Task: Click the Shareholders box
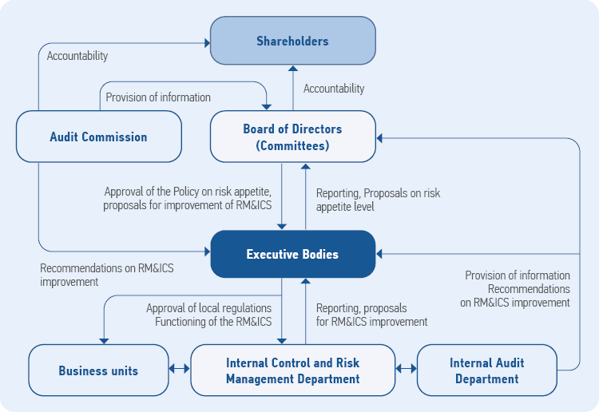point(292,41)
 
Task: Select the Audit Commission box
point(99,137)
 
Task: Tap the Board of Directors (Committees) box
point(292,137)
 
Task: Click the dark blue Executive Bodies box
point(292,255)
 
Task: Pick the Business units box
point(98,370)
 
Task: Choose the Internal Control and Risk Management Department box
point(293,370)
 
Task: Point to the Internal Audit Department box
point(487,370)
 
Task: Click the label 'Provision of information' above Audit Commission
point(158,97)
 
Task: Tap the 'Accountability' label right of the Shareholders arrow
point(334,89)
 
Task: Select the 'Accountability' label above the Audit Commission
point(77,56)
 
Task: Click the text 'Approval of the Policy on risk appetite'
point(188,192)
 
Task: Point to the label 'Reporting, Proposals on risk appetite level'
point(378,199)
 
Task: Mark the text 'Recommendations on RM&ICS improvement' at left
point(107,275)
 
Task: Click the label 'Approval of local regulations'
point(208,308)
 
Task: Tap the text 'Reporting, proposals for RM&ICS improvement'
point(371,315)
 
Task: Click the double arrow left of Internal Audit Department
point(407,370)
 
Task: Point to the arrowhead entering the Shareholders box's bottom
point(293,69)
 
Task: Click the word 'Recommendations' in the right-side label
point(529,289)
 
